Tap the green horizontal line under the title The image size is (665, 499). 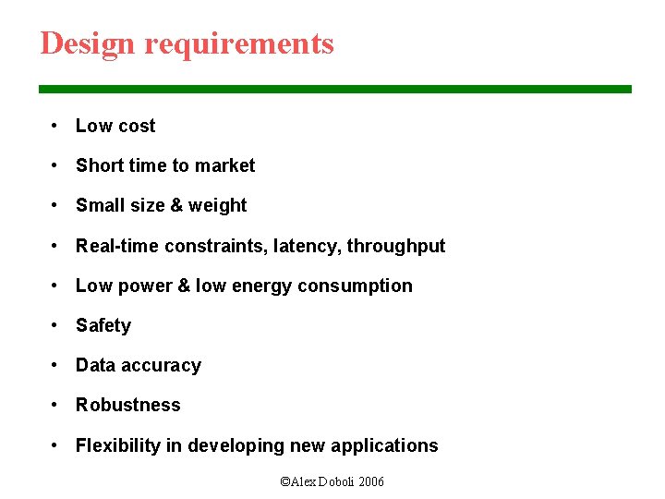334,89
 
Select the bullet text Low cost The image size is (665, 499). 115,126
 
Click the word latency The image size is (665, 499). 306,246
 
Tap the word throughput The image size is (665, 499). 396,247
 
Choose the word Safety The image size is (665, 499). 103,325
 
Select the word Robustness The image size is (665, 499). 128,405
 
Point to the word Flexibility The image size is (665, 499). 117,445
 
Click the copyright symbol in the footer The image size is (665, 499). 284,481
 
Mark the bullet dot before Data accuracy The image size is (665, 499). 56,365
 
